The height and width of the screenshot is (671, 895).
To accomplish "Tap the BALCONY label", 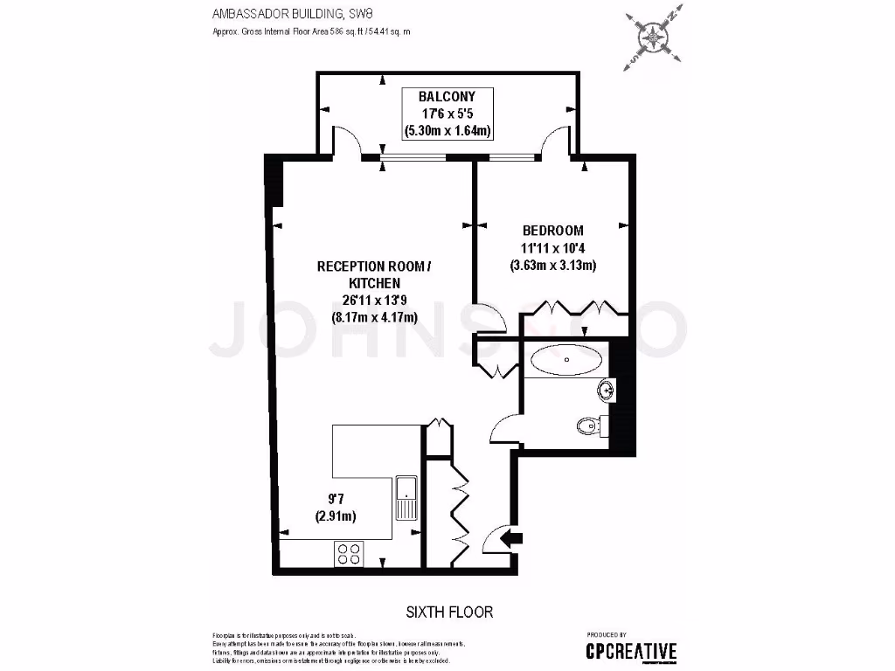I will pos(446,97).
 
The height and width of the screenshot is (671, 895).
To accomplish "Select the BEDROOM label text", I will pos(552,231).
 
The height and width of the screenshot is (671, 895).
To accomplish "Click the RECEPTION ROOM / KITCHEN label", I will pos(374,273).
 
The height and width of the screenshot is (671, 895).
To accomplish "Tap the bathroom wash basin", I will pos(604,388).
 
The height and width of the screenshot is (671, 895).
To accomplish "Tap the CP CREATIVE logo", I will pos(630,651).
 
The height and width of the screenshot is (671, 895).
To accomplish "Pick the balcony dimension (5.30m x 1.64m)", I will pos(447,131).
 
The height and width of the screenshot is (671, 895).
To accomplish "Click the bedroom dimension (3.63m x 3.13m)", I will pos(552,266).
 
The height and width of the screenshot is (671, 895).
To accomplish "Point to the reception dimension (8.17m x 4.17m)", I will pos(374,317).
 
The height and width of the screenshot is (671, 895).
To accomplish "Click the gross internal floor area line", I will pos(311,31).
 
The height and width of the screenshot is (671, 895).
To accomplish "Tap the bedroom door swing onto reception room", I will pos(495,320).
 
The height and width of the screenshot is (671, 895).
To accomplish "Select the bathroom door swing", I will pos(505,428).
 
